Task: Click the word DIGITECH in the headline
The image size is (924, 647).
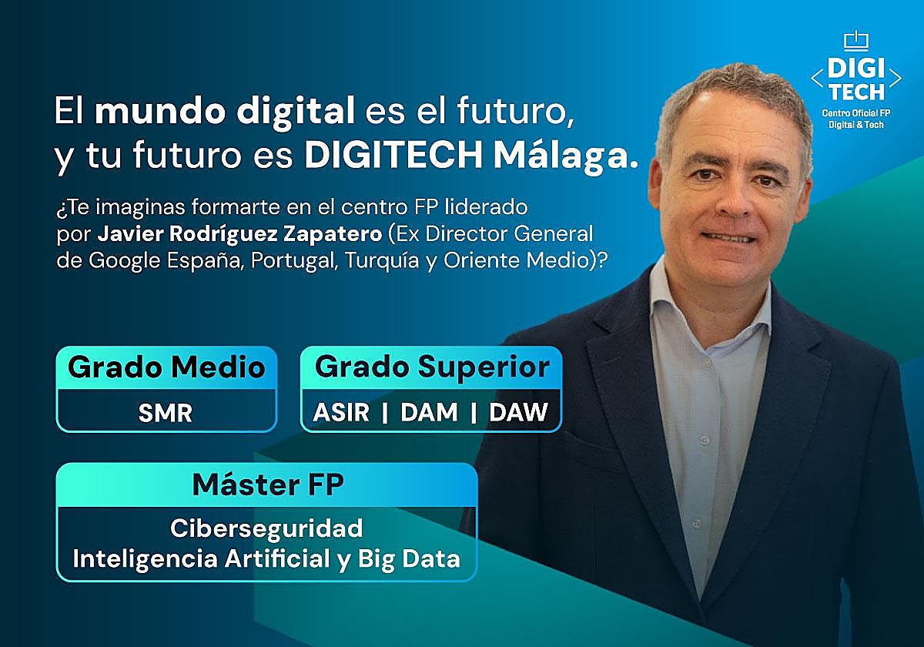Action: tap(393, 156)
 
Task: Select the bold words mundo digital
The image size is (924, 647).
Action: tap(224, 112)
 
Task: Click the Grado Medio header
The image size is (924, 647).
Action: tap(166, 367)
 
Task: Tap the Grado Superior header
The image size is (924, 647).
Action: tap(432, 367)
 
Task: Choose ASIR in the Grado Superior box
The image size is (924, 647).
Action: tap(342, 413)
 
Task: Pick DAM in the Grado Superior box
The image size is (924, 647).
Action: tap(429, 413)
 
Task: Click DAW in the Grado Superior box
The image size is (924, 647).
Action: tap(518, 413)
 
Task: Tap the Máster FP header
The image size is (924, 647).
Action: tap(267, 484)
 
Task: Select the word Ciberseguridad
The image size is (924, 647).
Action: tap(266, 529)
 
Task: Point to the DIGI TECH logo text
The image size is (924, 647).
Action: tap(855, 80)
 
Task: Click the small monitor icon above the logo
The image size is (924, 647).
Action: tap(855, 39)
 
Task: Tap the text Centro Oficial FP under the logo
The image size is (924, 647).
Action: tap(855, 112)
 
